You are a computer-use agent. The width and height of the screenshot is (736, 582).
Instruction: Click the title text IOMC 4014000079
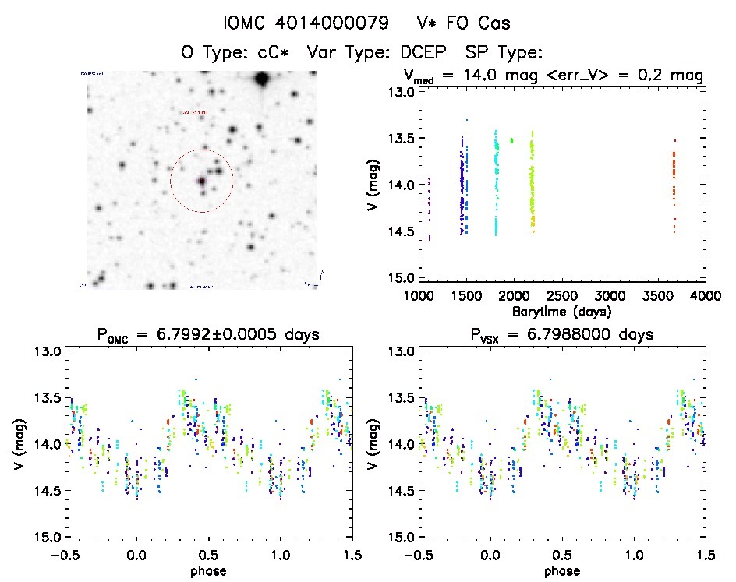click(306, 23)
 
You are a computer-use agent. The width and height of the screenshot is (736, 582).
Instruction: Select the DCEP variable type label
click(426, 53)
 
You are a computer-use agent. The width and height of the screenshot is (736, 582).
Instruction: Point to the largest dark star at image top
click(261, 79)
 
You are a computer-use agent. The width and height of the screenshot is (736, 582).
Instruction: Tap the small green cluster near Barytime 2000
click(511, 140)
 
